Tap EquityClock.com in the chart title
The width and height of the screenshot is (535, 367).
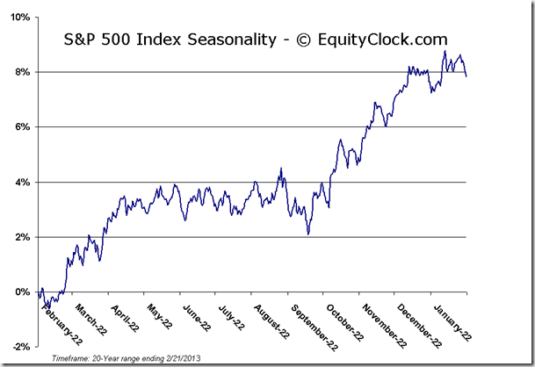point(387,40)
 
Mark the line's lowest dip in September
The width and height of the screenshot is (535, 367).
point(308,234)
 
